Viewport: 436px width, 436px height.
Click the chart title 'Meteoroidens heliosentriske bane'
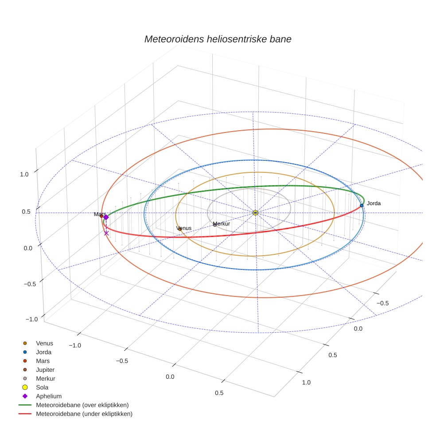click(218, 39)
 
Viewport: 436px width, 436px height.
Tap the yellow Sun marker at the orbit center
click(255, 213)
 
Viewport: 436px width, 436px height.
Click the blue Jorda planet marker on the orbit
click(362, 205)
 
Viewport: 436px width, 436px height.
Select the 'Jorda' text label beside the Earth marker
click(374, 203)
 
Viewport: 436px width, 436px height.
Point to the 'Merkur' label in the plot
click(221, 224)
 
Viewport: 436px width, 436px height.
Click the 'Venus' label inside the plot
click(184, 228)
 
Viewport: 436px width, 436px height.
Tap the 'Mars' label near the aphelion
click(99, 214)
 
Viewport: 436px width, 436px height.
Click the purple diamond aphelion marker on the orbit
click(106, 217)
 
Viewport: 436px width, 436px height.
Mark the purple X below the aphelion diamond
click(106, 233)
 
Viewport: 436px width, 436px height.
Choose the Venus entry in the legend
click(44, 343)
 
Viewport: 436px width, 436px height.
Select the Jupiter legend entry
click(45, 370)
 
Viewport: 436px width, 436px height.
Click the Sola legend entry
click(42, 387)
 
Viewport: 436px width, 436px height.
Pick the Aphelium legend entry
click(48, 396)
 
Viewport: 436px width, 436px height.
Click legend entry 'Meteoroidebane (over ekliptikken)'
click(82, 405)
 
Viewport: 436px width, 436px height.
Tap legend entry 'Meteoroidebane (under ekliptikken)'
click(84, 414)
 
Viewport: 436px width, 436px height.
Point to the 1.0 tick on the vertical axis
click(24, 174)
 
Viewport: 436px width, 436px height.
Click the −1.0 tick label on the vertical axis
click(31, 319)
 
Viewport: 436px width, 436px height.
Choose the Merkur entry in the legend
click(45, 378)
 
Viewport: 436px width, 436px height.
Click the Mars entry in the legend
click(43, 361)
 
